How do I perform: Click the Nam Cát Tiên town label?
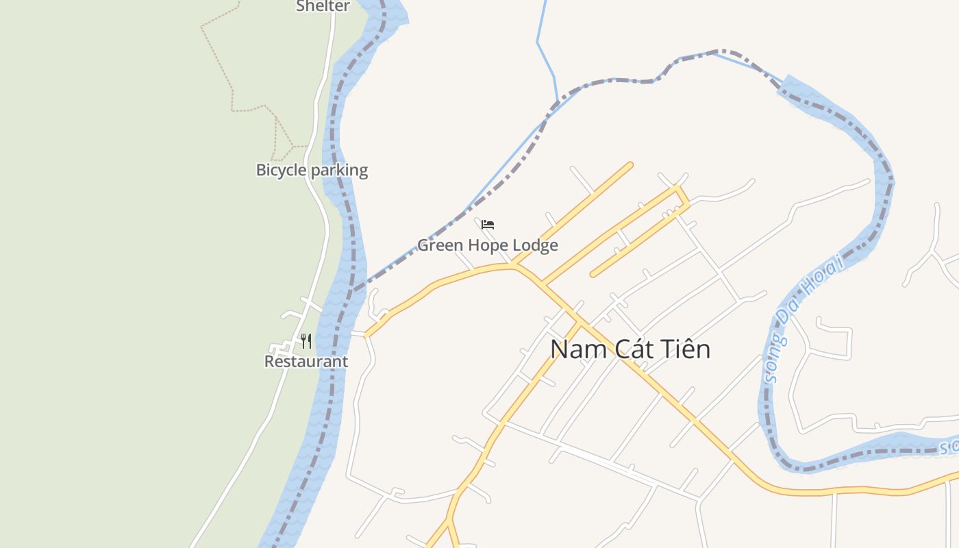(630, 349)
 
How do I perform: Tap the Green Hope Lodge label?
(488, 245)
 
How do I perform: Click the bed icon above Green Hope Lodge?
(488, 225)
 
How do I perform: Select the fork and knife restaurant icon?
(306, 340)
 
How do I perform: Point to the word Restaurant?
(306, 361)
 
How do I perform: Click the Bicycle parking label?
(312, 170)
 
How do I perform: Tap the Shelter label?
(323, 6)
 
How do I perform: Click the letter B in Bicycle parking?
(261, 170)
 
